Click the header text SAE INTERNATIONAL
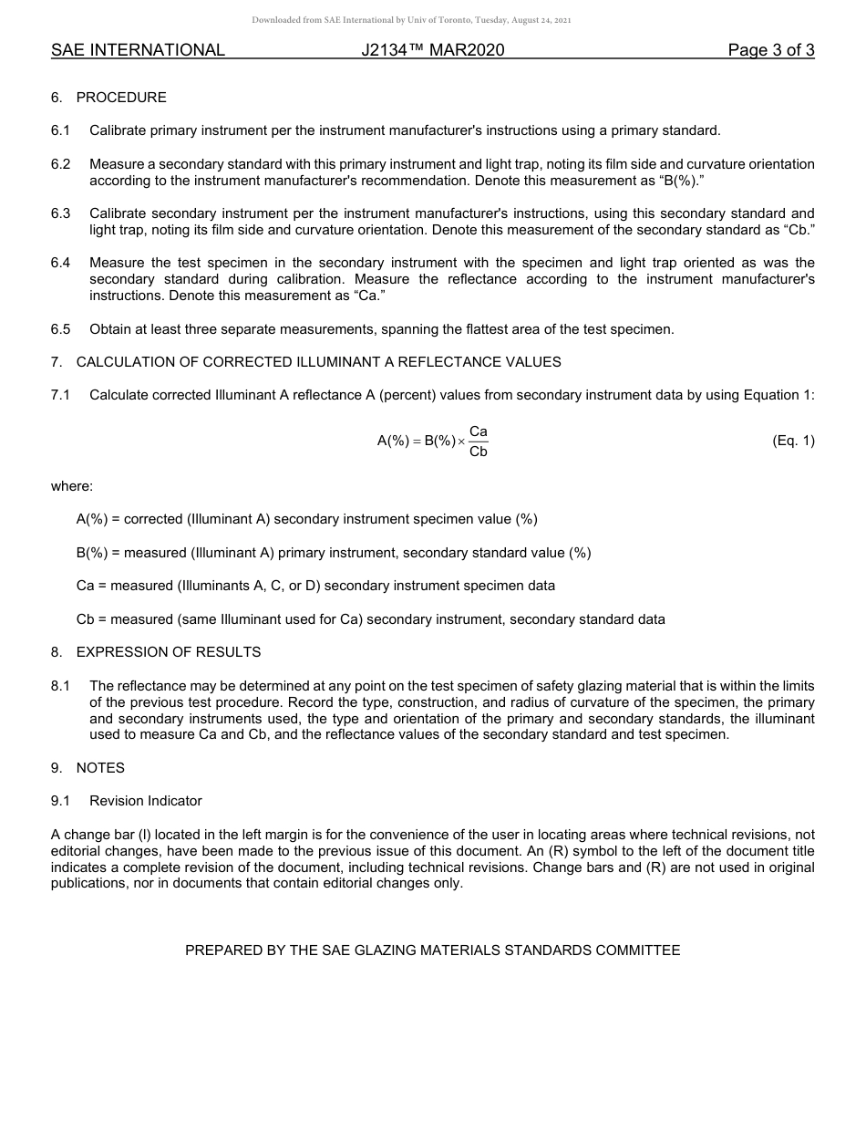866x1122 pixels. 138,51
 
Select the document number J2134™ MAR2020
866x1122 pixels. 432,51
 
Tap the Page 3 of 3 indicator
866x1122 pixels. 770,51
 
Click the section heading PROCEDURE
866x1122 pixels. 121,98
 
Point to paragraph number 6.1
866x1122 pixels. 60,130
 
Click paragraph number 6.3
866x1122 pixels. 60,213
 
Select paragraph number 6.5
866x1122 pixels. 60,329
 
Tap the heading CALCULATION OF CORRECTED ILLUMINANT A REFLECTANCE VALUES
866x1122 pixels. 318,362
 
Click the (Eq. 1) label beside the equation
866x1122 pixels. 793,441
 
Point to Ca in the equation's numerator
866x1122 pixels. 478,431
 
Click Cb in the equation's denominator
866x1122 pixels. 478,452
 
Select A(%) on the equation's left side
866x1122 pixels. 393,442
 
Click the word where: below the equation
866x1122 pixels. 72,486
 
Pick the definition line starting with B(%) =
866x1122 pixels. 334,553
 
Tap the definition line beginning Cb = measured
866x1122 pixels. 370,619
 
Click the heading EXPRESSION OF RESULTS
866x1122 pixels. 169,652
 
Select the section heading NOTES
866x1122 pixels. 100,768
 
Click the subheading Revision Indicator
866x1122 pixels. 146,801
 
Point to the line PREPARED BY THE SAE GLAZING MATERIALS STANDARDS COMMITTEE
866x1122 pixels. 432,951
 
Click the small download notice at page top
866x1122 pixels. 411,20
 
